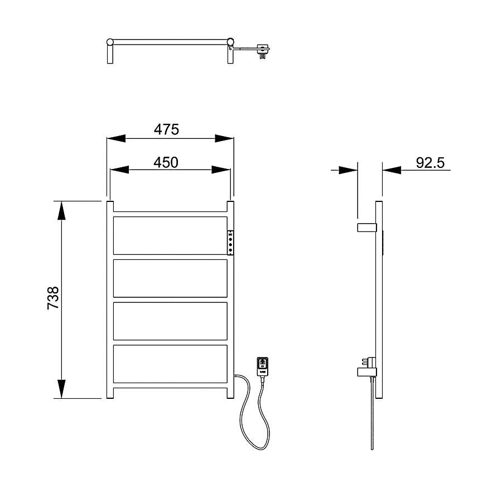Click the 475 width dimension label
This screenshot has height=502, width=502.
(166, 129)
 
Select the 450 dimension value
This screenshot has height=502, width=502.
(166, 163)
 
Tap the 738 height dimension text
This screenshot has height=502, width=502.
(53, 298)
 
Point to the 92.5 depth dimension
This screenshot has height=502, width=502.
(430, 163)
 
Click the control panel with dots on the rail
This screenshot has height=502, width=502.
(230, 243)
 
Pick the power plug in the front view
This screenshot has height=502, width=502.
(263, 366)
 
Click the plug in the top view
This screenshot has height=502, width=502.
(262, 51)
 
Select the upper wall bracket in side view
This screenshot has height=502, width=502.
(366, 228)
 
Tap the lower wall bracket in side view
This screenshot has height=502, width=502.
(366, 371)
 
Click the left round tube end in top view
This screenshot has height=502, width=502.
(110, 42)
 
